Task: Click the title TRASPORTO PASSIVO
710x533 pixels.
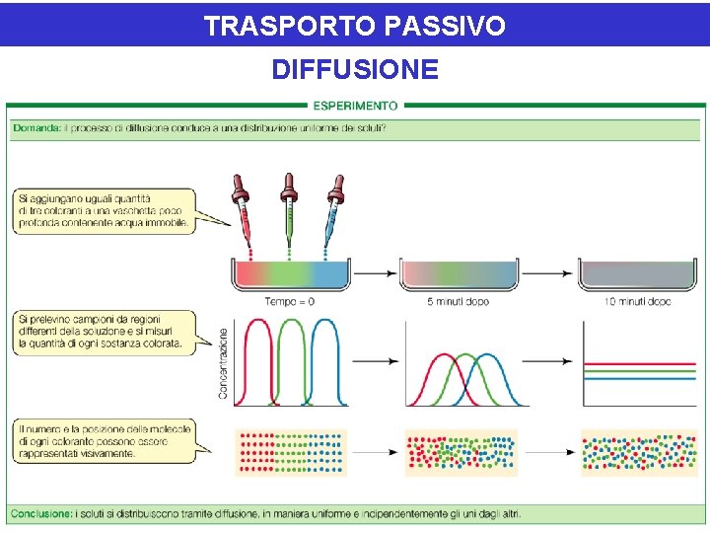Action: (354, 26)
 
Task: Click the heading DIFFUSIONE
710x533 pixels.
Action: (354, 70)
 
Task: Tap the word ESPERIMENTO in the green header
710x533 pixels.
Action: (355, 105)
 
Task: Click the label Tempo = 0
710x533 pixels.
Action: (290, 301)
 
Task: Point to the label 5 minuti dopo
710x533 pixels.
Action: (459, 301)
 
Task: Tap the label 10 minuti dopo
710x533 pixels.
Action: (637, 301)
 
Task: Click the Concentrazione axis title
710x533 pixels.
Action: (223, 363)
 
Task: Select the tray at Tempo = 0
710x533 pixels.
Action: (290, 276)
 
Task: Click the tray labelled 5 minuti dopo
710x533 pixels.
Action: (459, 276)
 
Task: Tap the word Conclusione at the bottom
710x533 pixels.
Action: (42, 513)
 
